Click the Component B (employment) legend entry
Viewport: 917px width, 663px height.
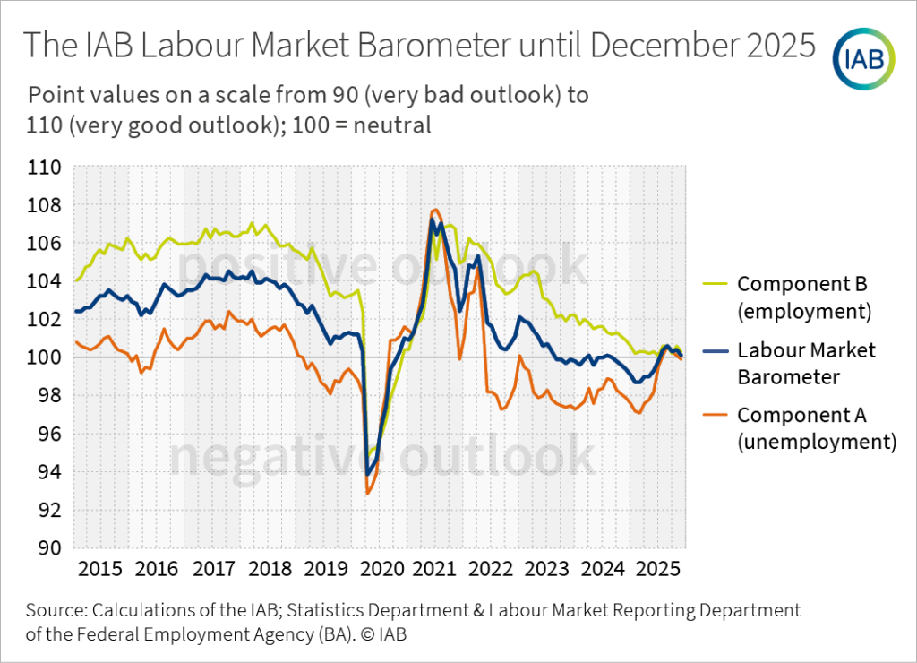[x=803, y=297]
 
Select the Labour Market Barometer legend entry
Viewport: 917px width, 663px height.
[x=806, y=363]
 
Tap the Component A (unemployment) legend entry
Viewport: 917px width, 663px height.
[x=815, y=427]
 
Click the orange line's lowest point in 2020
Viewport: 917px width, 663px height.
[x=368, y=493]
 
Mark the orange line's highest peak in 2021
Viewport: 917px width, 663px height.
[x=435, y=210]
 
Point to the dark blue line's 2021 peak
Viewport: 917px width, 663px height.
[x=433, y=220]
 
